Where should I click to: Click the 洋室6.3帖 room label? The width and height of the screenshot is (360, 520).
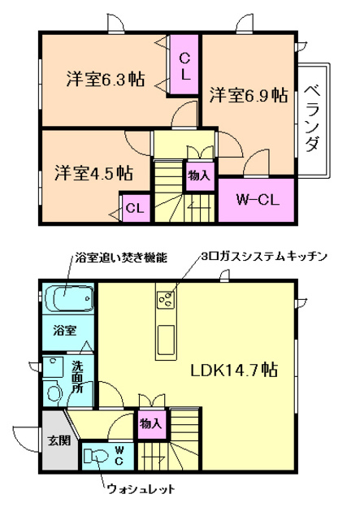[106, 80]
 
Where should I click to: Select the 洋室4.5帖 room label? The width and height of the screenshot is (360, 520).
[94, 172]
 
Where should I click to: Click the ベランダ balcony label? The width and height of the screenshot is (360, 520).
[313, 118]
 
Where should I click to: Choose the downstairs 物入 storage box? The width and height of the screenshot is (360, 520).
[150, 423]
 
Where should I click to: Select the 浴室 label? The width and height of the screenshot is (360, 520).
[66, 331]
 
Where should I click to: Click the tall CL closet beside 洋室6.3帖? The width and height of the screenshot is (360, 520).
[185, 65]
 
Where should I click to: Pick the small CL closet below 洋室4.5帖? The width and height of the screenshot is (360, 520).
[134, 208]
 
